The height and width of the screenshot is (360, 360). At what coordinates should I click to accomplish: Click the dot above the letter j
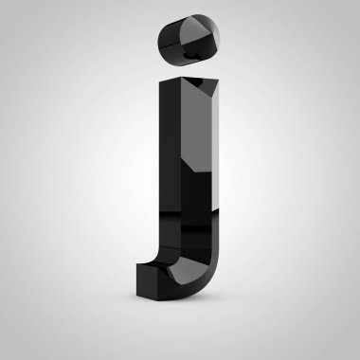[x=189, y=40]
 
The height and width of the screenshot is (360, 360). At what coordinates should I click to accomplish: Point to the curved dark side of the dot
[x=170, y=41]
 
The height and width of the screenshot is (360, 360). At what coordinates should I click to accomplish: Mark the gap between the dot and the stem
[x=189, y=71]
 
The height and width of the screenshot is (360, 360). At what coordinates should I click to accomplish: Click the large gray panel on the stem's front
[x=196, y=126]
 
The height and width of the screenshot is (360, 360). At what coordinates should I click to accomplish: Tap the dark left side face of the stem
[x=170, y=164]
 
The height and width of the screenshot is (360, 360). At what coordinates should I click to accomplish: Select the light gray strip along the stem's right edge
[x=215, y=149]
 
